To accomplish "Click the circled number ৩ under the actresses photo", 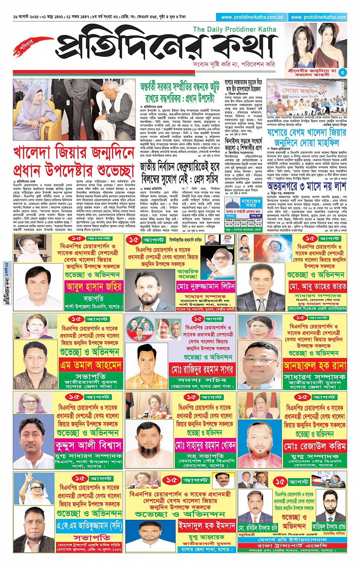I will click(x=342, y=72).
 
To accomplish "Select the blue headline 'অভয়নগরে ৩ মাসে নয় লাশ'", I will click(x=306, y=186).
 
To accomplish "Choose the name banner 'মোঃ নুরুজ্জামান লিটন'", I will click(x=206, y=286).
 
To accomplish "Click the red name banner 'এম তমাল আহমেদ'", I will click(x=91, y=365).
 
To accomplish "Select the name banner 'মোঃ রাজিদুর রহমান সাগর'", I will click(x=202, y=369).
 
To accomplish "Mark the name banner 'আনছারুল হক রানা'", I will click(x=314, y=366).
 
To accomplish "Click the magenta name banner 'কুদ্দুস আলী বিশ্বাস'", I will click(x=88, y=445).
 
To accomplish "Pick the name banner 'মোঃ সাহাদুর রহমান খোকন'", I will click(x=205, y=445).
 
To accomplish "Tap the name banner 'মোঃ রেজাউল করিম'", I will click(x=314, y=446).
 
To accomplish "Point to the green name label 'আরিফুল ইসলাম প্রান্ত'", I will click(x=329, y=527).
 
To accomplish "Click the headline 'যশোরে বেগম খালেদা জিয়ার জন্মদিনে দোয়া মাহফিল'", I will click(x=306, y=138).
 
